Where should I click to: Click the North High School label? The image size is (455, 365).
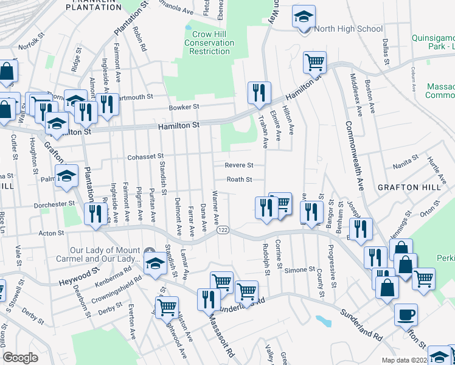coord(349,29)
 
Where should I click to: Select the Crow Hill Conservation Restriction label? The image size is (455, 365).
coord(209,43)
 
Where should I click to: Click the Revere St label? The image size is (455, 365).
coord(239,165)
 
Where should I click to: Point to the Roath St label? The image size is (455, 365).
coord(239,179)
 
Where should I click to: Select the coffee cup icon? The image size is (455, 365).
coord(406,315)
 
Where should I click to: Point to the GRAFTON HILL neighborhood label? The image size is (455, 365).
coord(408,187)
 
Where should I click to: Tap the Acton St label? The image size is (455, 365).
coord(51,233)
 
